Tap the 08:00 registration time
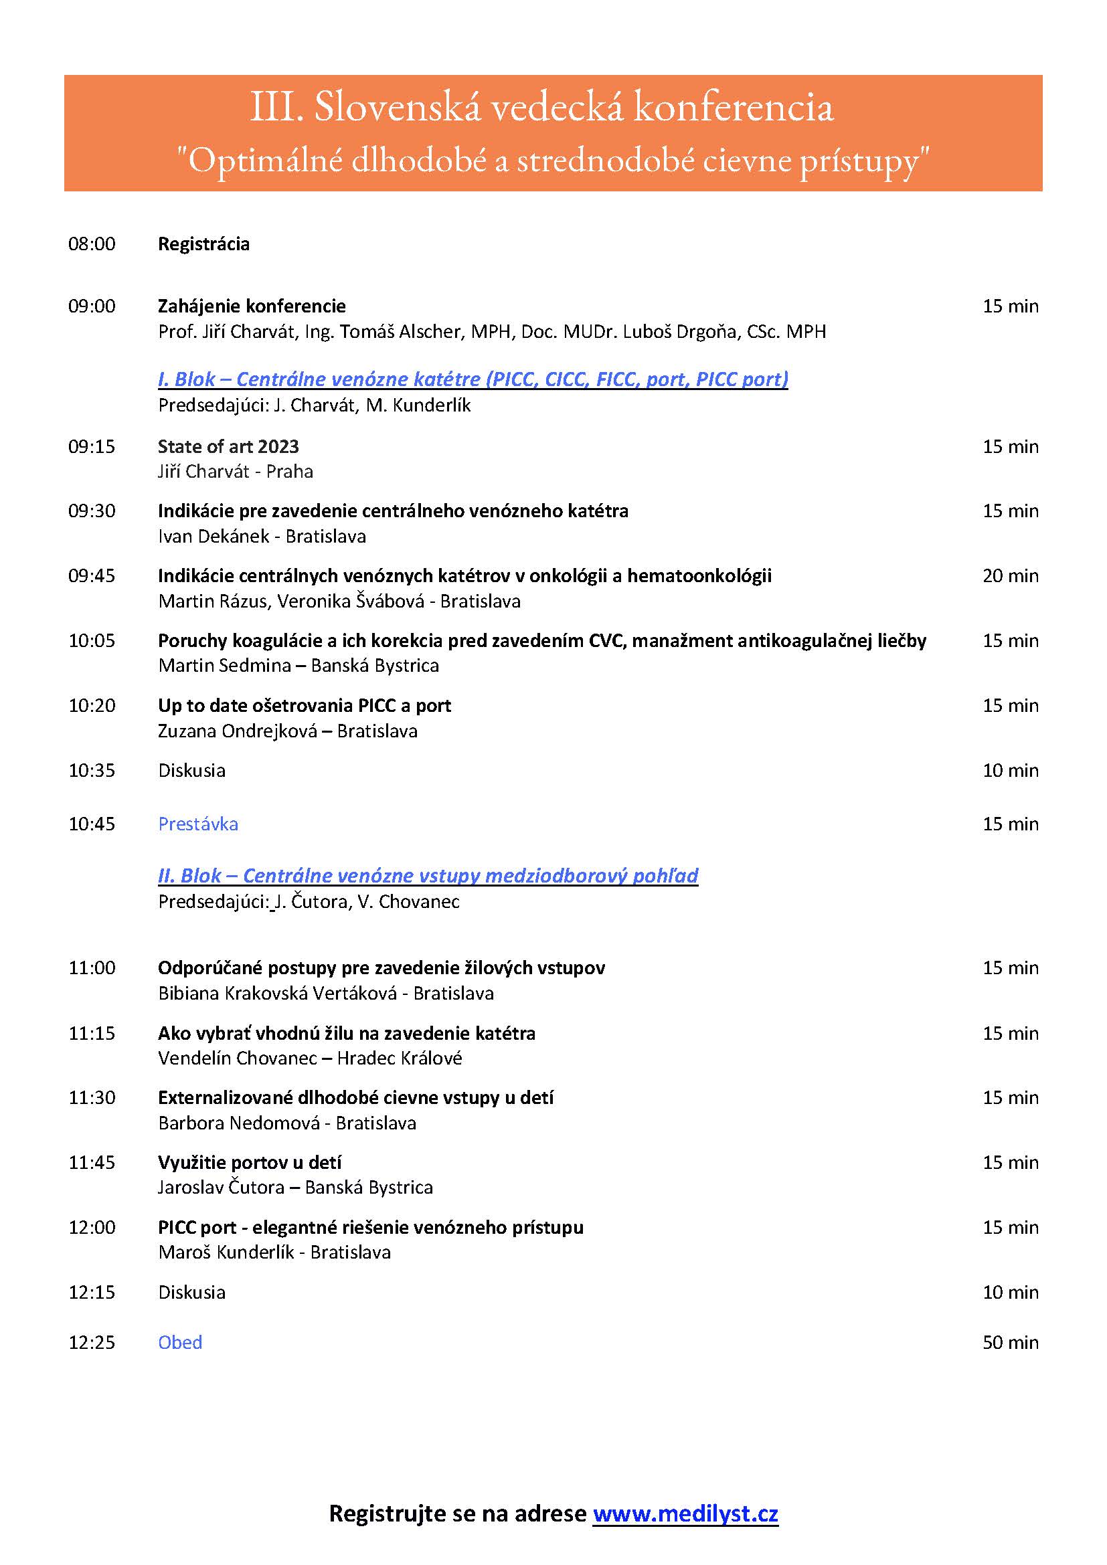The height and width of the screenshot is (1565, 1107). point(92,244)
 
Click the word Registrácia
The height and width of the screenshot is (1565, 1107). point(204,244)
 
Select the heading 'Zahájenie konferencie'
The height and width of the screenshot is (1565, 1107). point(252,306)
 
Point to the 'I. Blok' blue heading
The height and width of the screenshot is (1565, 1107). point(473,379)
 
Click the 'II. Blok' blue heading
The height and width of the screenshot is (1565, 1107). point(428,876)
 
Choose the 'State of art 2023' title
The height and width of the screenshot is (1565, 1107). point(228,446)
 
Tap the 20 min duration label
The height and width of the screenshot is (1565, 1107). point(1010,576)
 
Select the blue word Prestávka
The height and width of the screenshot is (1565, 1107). point(198,824)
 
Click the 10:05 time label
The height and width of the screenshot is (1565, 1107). point(92,641)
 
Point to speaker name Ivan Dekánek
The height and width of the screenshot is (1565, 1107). point(214,537)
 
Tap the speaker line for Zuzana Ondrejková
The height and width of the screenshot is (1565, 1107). point(288,731)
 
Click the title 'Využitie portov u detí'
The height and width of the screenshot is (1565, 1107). point(250,1162)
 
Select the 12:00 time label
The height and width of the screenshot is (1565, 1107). point(92,1228)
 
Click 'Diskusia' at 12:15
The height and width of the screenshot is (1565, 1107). point(191,1293)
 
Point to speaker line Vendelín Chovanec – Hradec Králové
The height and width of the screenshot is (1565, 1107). point(310,1058)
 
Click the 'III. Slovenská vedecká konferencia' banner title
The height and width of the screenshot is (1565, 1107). point(542,108)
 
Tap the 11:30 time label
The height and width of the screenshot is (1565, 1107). point(92,1097)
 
